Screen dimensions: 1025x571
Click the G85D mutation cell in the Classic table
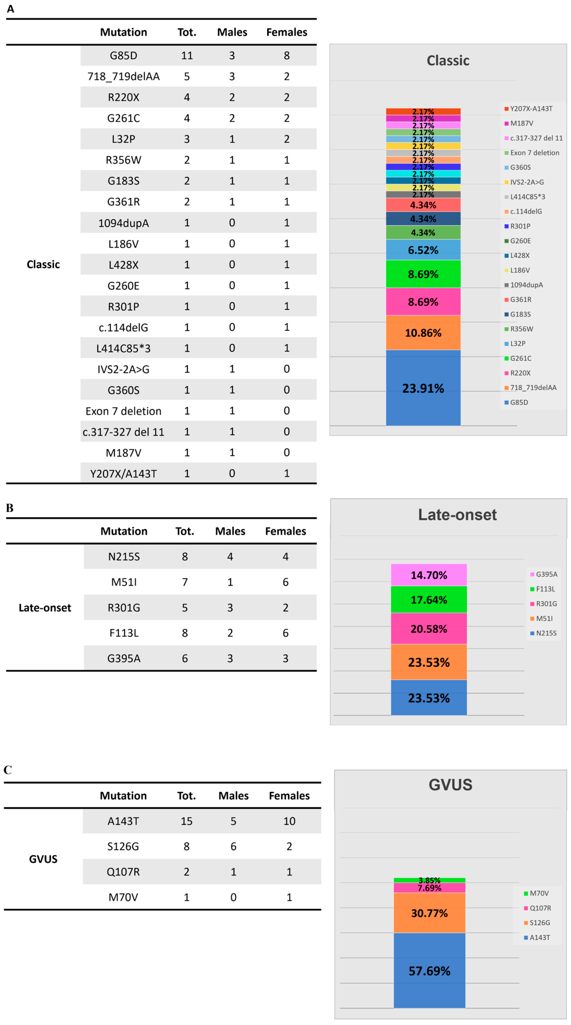click(x=123, y=55)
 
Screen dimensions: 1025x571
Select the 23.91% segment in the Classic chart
click(x=423, y=388)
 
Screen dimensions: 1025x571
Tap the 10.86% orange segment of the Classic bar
click(x=423, y=333)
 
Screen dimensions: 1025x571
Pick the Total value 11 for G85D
click(x=187, y=55)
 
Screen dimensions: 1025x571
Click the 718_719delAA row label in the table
click(x=123, y=76)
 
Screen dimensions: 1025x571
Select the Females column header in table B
click(x=285, y=531)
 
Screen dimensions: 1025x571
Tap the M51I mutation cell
click(x=124, y=582)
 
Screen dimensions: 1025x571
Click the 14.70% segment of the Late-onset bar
click(x=428, y=575)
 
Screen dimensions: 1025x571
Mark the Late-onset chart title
click(x=457, y=514)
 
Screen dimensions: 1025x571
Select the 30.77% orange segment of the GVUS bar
click(x=429, y=913)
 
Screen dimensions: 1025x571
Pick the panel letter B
click(x=10, y=508)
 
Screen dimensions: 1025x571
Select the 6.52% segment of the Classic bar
click(x=423, y=250)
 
